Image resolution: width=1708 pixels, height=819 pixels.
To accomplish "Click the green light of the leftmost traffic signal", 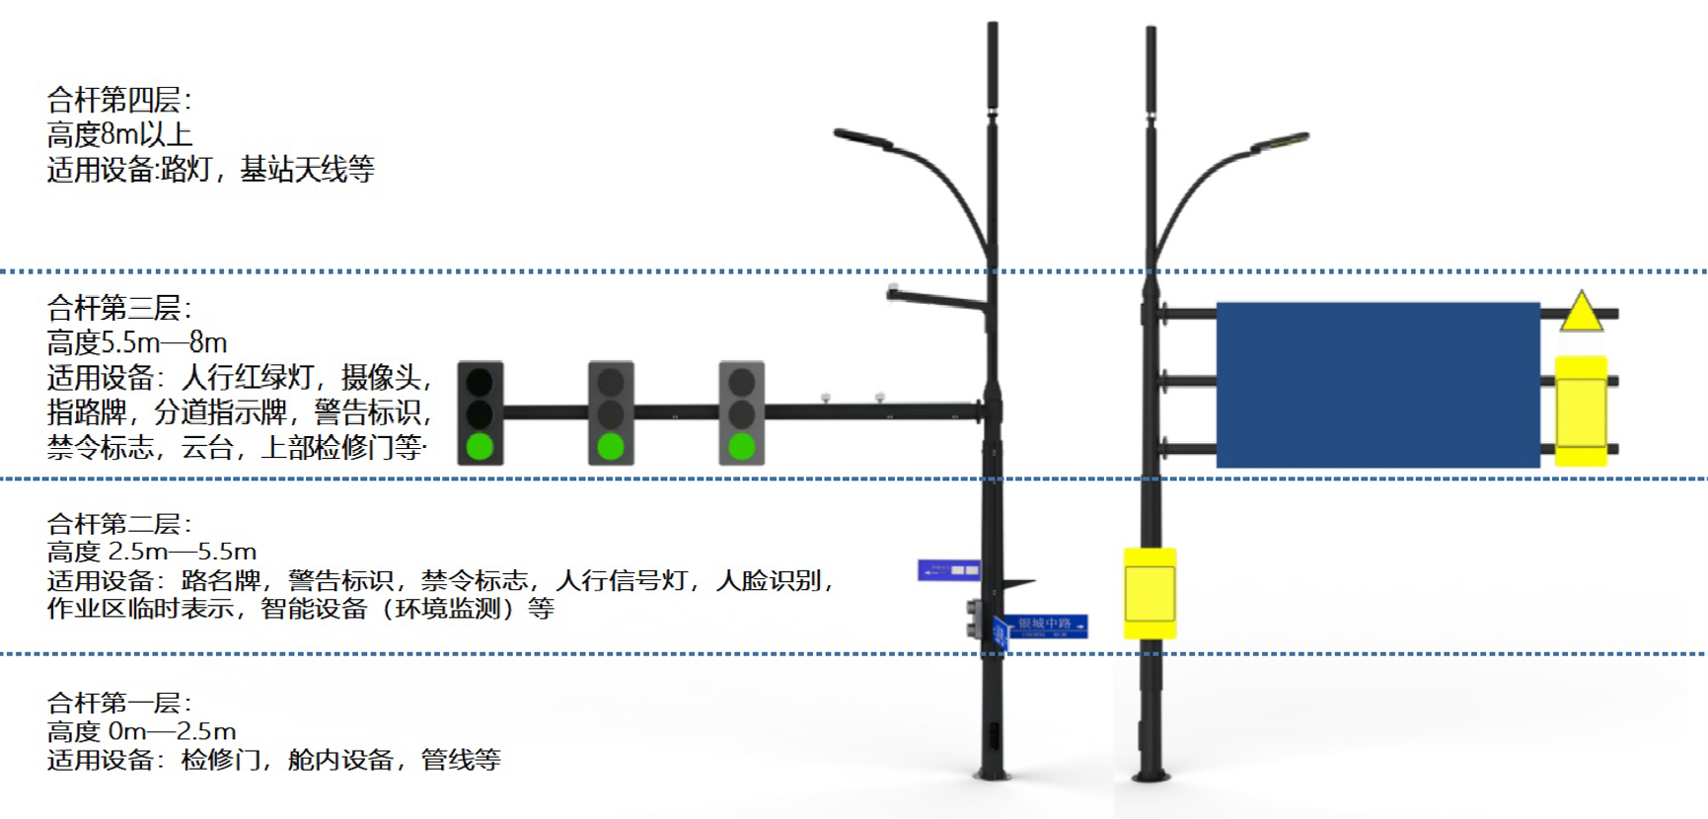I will (x=480, y=446).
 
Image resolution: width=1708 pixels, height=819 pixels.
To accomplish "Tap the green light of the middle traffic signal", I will (x=611, y=446).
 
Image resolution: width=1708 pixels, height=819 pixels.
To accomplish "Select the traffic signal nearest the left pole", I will (x=741, y=412).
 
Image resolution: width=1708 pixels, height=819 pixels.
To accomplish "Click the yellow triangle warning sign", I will (x=1581, y=313).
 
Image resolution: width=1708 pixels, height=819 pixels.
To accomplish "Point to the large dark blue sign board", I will (x=1377, y=385).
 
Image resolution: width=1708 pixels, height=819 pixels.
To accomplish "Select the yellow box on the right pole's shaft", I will (x=1150, y=593).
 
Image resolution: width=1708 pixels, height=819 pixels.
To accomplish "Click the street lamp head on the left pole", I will (x=861, y=139).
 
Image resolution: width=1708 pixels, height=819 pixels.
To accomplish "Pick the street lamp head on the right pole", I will (x=1281, y=143).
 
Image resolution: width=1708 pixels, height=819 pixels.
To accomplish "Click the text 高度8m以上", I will (x=119, y=134).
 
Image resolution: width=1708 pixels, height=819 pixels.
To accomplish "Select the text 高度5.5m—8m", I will (x=137, y=342).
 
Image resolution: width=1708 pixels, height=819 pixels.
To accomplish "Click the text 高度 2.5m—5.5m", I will (x=152, y=551).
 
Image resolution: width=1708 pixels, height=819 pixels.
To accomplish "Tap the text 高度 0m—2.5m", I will (x=142, y=731).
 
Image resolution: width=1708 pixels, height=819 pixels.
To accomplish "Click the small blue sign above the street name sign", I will (x=948, y=569).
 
